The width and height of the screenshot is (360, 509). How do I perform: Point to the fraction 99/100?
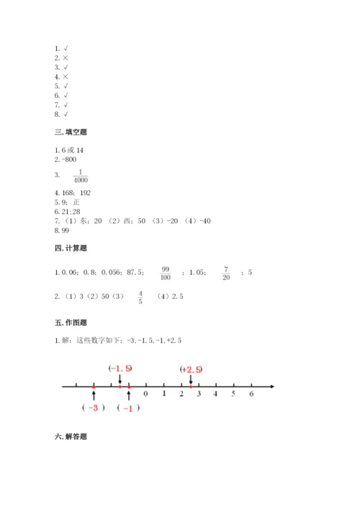coord(166,273)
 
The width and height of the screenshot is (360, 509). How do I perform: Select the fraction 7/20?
coord(225,273)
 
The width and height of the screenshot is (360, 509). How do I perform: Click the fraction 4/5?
coord(140,297)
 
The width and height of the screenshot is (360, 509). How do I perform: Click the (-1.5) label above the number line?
coord(120,369)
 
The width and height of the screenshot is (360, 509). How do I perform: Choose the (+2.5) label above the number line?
coord(191,369)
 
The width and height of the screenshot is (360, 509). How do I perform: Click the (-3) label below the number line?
coord(93,408)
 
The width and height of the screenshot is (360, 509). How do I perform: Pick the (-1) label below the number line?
coord(128,408)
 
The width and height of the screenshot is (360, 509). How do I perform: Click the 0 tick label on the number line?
coord(146,394)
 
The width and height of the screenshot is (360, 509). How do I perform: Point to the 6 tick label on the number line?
coord(251,394)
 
